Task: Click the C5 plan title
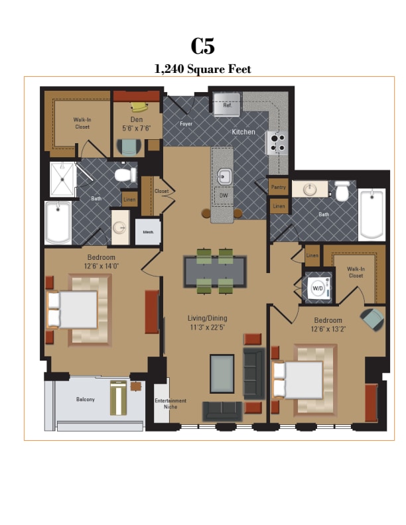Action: click(x=202, y=46)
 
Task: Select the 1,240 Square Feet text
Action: click(x=202, y=69)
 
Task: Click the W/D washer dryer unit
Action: click(x=318, y=288)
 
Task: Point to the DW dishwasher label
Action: click(x=223, y=197)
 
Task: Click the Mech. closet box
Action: click(x=148, y=232)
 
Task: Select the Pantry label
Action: click(x=278, y=188)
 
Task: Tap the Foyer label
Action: click(x=186, y=124)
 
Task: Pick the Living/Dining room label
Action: click(x=207, y=323)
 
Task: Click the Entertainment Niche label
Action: click(x=170, y=404)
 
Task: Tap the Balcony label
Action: click(x=85, y=399)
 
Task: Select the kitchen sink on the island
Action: click(x=224, y=176)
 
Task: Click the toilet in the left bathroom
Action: click(x=124, y=175)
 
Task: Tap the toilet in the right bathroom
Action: click(x=342, y=192)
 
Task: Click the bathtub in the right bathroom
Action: click(x=372, y=213)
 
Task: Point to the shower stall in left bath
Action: click(x=63, y=178)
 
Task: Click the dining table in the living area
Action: click(x=215, y=270)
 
